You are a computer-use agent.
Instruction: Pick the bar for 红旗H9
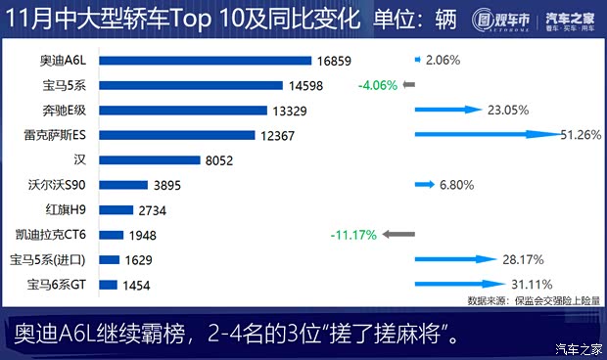tap(116, 209)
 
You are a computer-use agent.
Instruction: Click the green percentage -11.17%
tap(353, 235)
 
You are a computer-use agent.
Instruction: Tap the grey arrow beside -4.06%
tap(409, 85)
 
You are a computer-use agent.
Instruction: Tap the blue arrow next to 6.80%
tap(424, 184)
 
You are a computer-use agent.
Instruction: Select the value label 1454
tap(138, 285)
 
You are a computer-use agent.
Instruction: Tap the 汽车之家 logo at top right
tap(572, 22)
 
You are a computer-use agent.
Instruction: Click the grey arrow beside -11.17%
tap(398, 235)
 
